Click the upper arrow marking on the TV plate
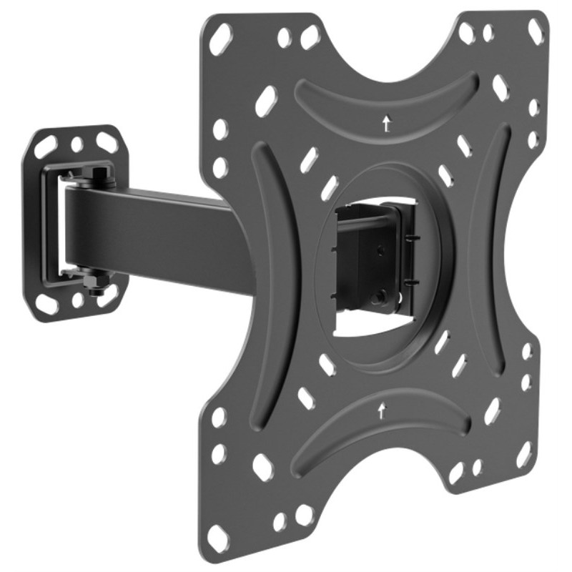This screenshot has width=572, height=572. tap(386, 124)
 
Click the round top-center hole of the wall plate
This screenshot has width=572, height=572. tap(77, 144)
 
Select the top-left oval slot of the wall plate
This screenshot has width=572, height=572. tap(46, 147)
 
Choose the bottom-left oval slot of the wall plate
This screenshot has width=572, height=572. tap(47, 303)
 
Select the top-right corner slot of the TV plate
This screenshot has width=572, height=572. tap(535, 31)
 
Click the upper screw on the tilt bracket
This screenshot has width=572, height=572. tap(379, 250)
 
